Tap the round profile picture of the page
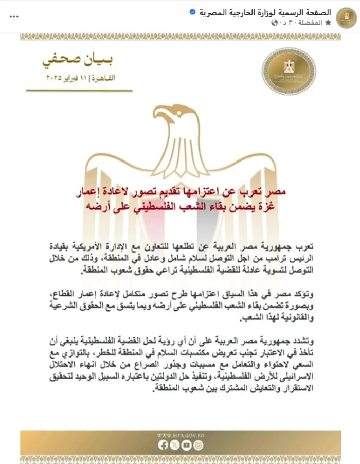click(x=346, y=17)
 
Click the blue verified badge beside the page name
click(x=206, y=12)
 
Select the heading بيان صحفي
click(x=78, y=60)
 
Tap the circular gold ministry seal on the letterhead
click(x=289, y=72)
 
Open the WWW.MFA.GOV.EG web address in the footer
click(x=180, y=435)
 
